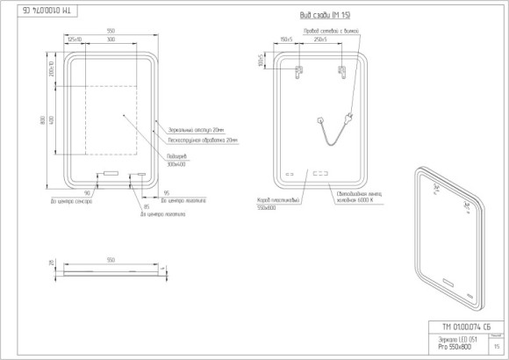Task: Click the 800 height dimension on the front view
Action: pos(42,121)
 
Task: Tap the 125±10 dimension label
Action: pos(75,40)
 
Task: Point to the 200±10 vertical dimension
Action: pos(52,68)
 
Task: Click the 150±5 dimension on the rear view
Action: pos(285,40)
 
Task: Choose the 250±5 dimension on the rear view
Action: pos(321,40)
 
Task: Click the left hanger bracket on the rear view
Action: pos(299,71)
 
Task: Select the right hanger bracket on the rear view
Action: pos(342,71)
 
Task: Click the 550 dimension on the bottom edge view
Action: pos(111,260)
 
